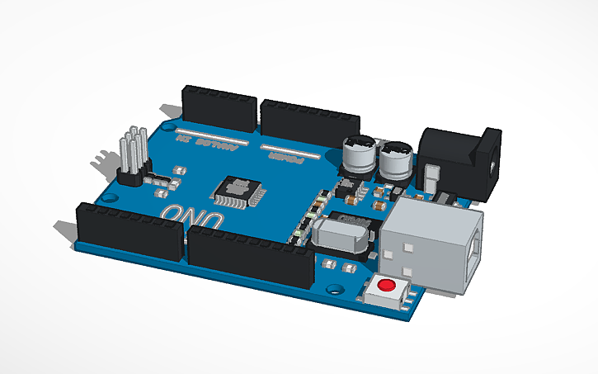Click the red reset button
point(385,286)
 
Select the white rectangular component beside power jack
point(431,177)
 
